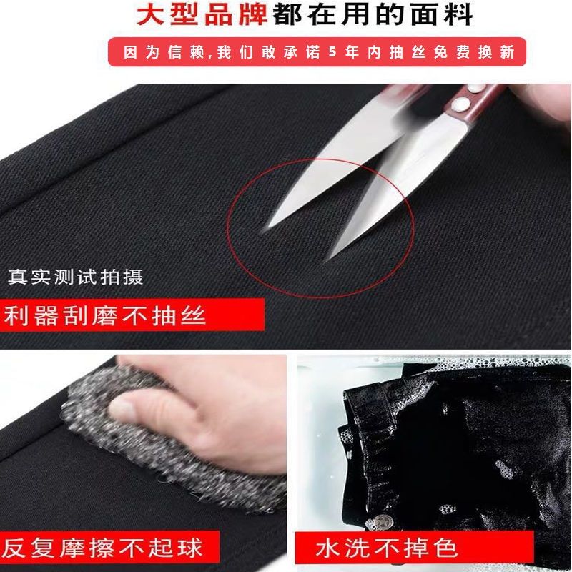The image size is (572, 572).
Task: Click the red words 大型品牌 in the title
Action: point(202,14)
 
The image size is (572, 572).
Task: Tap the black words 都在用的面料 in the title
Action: point(373,14)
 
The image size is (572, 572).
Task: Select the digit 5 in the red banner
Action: point(332,51)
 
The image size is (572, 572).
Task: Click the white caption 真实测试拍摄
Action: point(76,277)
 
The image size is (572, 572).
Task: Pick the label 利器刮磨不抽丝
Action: point(105,315)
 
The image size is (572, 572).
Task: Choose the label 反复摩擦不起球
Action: point(102,548)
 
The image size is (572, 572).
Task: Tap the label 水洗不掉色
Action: point(386,548)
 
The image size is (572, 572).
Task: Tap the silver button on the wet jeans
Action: point(382,521)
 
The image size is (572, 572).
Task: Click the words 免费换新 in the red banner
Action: point(474,51)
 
